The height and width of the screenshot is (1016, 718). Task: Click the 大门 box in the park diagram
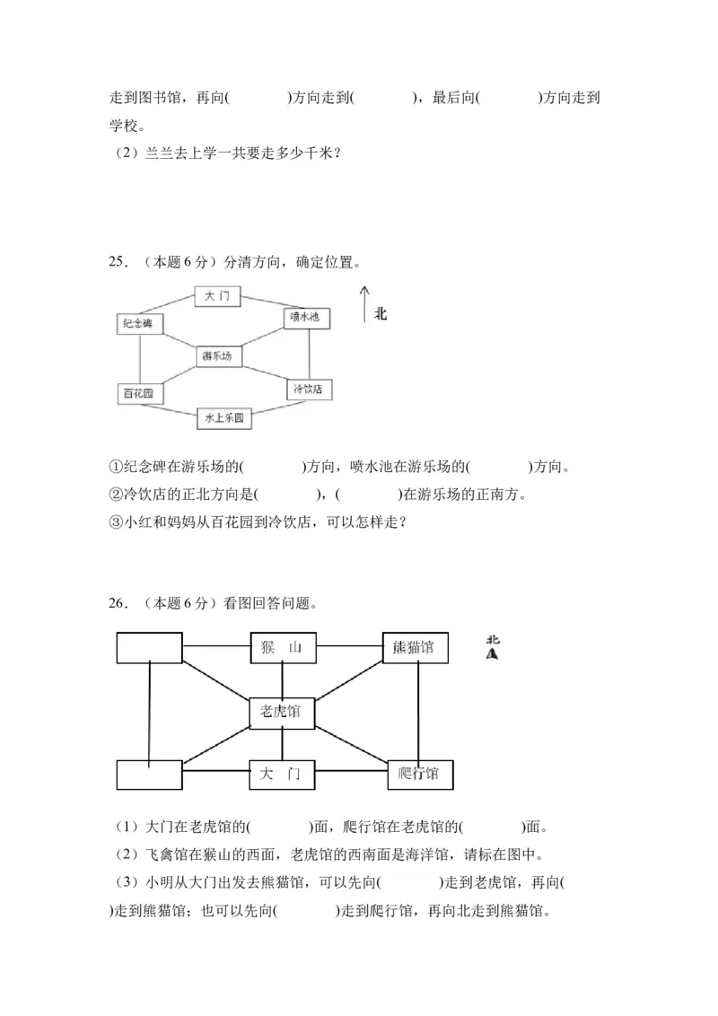tap(217, 295)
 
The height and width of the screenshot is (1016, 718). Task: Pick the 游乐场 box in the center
tap(217, 355)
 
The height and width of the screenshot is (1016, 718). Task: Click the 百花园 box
tap(138, 393)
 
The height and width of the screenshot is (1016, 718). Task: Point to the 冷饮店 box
tap(310, 389)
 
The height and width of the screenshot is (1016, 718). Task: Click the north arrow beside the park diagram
tap(363, 304)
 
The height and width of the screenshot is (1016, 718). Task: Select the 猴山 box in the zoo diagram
tap(283, 648)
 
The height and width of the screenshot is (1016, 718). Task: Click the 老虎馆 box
tap(282, 712)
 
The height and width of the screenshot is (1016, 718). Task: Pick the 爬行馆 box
tap(420, 774)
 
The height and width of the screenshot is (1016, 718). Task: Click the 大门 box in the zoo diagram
tap(282, 774)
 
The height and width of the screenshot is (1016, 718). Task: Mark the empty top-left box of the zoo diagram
tap(149, 648)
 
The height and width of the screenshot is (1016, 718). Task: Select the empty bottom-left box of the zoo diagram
tap(149, 775)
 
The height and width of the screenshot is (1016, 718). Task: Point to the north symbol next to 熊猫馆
tap(492, 647)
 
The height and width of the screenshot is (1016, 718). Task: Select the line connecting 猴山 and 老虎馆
tap(283, 679)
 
